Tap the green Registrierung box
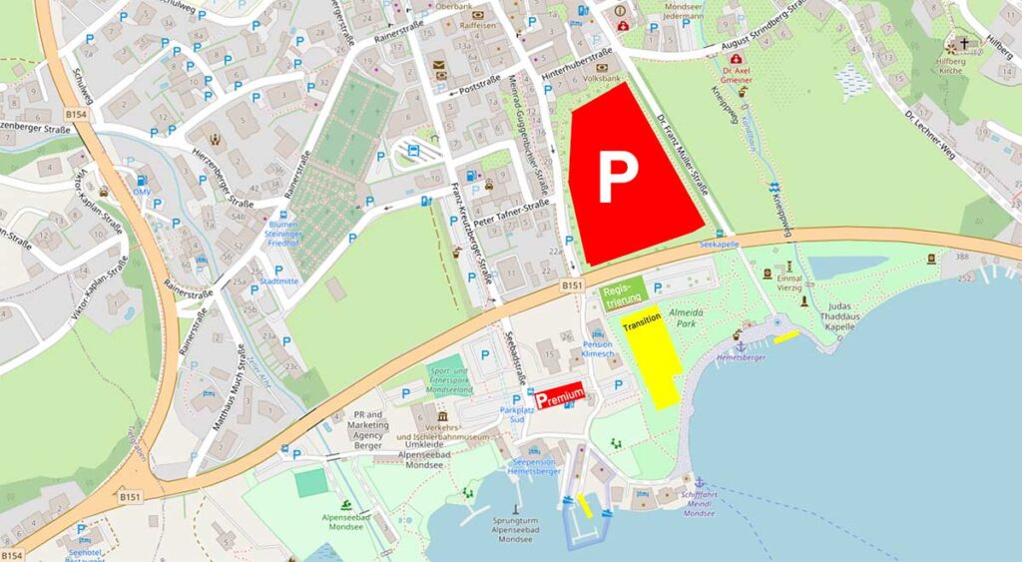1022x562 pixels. point(624,292)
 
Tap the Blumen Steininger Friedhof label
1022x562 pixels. point(290,232)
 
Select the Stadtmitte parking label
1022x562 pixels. point(278,282)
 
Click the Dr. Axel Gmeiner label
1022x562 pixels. point(736,75)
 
